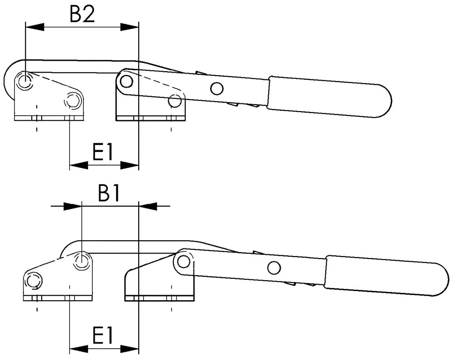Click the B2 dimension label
click(x=82, y=15)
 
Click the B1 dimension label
click(x=109, y=194)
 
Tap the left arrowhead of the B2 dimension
click(x=35, y=28)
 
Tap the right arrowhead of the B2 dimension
click(x=129, y=28)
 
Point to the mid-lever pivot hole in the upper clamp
click(x=217, y=88)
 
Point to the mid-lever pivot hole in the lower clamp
click(x=273, y=268)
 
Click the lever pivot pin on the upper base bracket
click(x=126, y=81)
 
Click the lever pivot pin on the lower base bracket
click(x=183, y=261)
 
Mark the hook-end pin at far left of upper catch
click(x=24, y=82)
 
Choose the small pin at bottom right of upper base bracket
click(x=174, y=101)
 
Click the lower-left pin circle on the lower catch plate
click(x=32, y=281)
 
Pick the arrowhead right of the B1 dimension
click(x=148, y=206)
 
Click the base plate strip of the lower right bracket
click(x=159, y=298)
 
